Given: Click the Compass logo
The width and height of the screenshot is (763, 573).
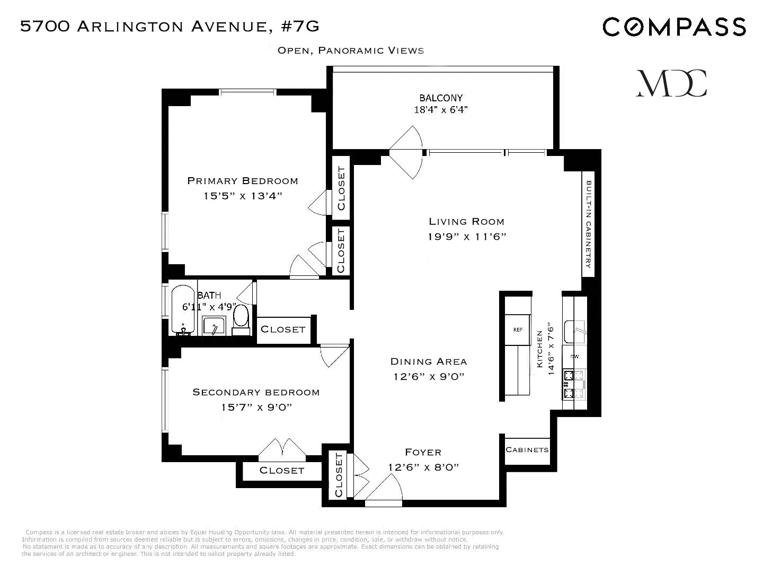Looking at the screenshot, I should pyautogui.click(x=674, y=27).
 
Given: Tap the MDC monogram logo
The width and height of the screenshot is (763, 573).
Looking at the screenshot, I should pyautogui.click(x=671, y=83).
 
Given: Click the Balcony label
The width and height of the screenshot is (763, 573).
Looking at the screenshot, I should pyautogui.click(x=441, y=98).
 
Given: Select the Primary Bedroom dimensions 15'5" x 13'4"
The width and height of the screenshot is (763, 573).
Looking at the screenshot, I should pyautogui.click(x=243, y=196).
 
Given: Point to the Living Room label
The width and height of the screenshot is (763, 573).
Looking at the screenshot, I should pyautogui.click(x=466, y=221).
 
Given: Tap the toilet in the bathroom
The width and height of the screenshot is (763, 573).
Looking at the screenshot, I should pyautogui.click(x=241, y=317).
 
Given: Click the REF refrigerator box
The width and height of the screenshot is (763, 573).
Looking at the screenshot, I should pyautogui.click(x=518, y=330).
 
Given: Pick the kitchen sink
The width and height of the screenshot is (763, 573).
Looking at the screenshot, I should pyautogui.click(x=574, y=332).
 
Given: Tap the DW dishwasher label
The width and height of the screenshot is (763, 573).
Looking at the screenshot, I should pyautogui.click(x=574, y=357).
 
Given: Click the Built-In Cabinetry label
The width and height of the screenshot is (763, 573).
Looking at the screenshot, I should pyautogui.click(x=588, y=224).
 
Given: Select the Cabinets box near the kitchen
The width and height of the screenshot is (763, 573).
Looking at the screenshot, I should pyautogui.click(x=527, y=450).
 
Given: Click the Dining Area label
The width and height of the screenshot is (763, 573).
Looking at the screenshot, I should pyautogui.click(x=429, y=361).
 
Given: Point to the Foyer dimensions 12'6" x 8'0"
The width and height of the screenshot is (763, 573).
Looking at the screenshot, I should pyautogui.click(x=423, y=467).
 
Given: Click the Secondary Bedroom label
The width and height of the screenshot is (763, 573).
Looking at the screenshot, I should pyautogui.click(x=256, y=392).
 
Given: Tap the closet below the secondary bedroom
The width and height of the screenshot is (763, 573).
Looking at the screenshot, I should pyautogui.click(x=282, y=471).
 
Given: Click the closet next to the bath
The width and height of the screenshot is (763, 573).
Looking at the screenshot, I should pyautogui.click(x=283, y=329).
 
